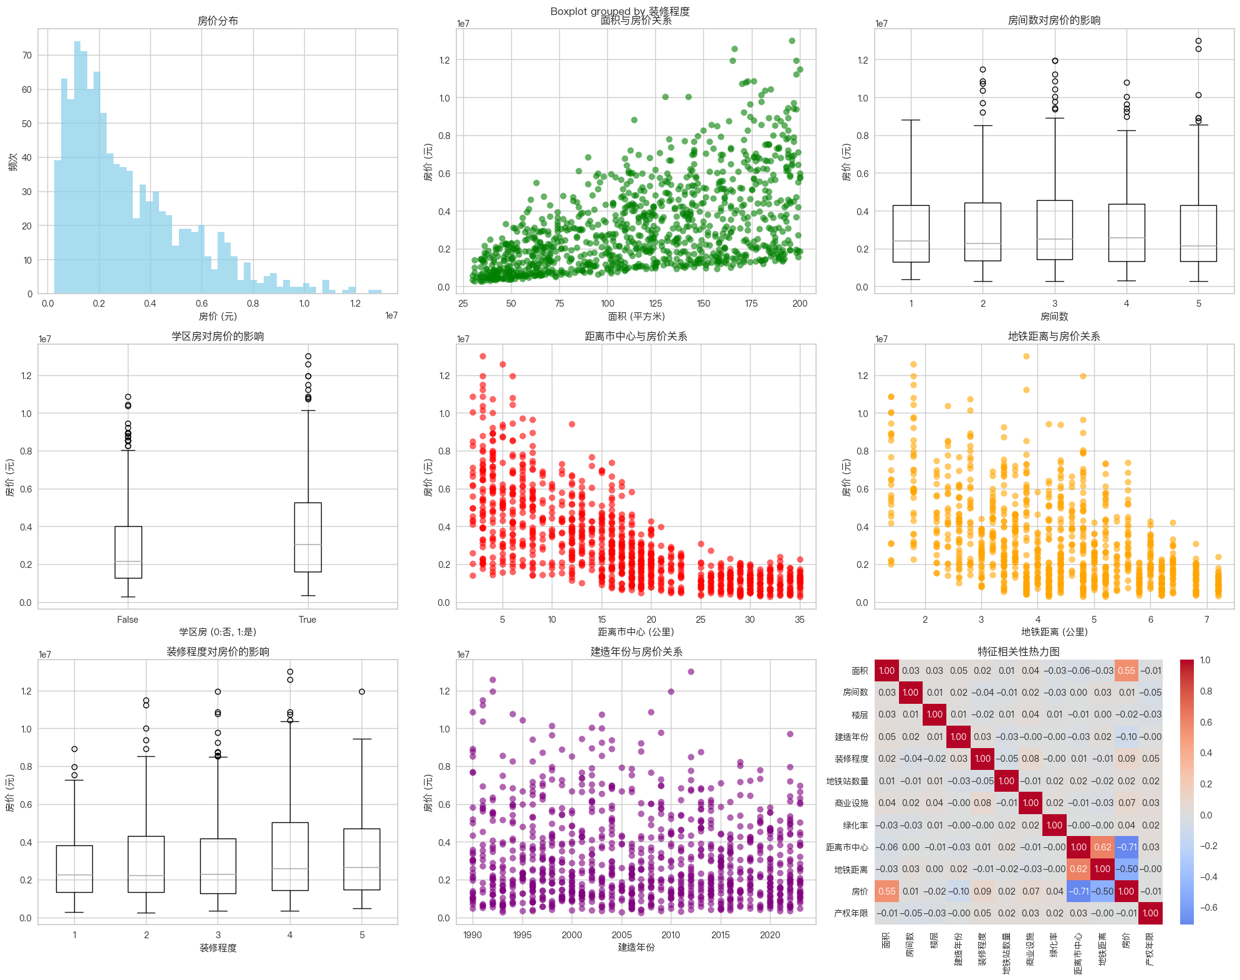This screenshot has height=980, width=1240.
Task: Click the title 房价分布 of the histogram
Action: pyautogui.click(x=218, y=21)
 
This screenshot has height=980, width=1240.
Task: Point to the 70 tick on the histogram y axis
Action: pyautogui.click(x=27, y=55)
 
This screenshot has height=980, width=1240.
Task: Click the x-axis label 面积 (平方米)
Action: pyautogui.click(x=636, y=316)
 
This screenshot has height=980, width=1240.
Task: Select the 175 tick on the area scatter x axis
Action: pyautogui.click(x=751, y=304)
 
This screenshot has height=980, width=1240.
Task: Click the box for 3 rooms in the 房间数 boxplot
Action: pyautogui.click(x=1054, y=230)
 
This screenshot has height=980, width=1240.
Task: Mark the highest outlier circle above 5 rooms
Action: pyautogui.click(x=1198, y=41)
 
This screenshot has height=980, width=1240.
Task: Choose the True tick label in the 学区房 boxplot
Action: pyautogui.click(x=307, y=620)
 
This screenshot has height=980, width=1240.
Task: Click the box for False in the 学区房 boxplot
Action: pyautogui.click(x=128, y=552)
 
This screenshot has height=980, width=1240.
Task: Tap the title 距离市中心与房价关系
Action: pyautogui.click(x=636, y=336)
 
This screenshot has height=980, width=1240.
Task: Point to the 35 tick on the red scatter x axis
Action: pyautogui.click(x=800, y=620)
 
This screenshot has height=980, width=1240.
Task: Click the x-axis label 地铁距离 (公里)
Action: pyautogui.click(x=1054, y=632)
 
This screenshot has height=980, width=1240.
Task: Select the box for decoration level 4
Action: pyautogui.click(x=290, y=857)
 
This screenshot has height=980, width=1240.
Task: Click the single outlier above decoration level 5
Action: pyautogui.click(x=362, y=691)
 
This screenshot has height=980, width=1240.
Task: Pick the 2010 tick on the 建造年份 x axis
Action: pyautogui.click(x=671, y=935)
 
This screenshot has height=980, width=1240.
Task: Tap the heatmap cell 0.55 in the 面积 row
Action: pyautogui.click(x=1126, y=671)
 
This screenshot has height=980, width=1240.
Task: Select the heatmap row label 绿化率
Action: pyautogui.click(x=855, y=825)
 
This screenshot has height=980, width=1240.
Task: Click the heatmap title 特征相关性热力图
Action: pyautogui.click(x=1018, y=651)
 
